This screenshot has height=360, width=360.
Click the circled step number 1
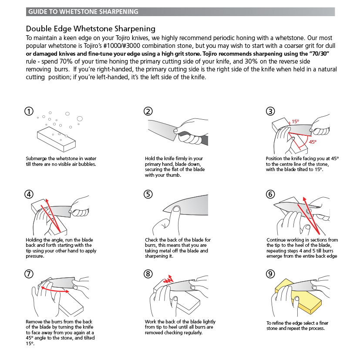[x=29, y=111]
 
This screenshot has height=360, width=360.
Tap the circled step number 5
[x=148, y=194]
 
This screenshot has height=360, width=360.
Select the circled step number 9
[x=270, y=274]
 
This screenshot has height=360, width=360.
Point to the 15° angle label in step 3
[x=295, y=121]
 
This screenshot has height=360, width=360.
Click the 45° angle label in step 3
[x=313, y=142]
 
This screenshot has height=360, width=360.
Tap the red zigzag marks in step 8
[x=168, y=280]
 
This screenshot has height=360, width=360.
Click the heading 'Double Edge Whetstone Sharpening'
[x=91, y=29]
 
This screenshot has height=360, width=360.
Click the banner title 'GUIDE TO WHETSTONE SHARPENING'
[x=83, y=12]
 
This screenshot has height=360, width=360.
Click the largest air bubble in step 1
[x=80, y=118]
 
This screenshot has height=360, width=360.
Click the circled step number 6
[x=270, y=194]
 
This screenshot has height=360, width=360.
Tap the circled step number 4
[x=29, y=194]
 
